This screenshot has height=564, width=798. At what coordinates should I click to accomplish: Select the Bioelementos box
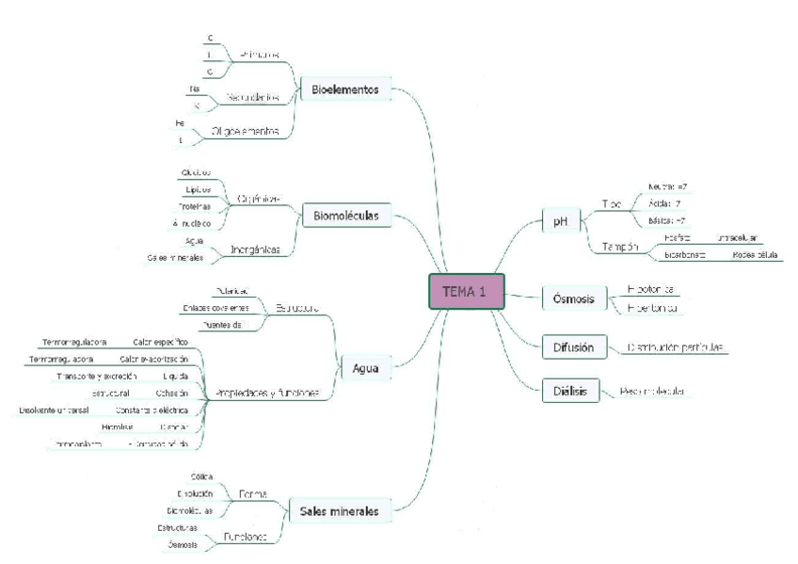[x=344, y=90]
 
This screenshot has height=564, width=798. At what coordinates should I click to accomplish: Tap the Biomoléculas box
[x=345, y=217]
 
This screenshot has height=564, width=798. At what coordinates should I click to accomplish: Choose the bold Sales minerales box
[x=339, y=511]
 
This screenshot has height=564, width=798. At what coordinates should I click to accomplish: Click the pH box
[x=561, y=221]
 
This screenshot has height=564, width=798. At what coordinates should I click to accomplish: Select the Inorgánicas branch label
[x=256, y=250]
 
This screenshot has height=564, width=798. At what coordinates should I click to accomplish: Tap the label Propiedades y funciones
[x=267, y=393]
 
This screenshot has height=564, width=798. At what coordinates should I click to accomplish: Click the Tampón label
[x=620, y=247]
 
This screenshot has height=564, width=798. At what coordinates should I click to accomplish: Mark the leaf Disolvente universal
[x=53, y=411]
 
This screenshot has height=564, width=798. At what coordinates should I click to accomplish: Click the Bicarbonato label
[x=687, y=255]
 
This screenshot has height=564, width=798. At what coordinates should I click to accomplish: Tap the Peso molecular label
[x=652, y=392]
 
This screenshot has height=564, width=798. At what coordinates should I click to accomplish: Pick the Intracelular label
[x=737, y=238]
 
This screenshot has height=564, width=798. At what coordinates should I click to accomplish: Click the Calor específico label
[x=160, y=342]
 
